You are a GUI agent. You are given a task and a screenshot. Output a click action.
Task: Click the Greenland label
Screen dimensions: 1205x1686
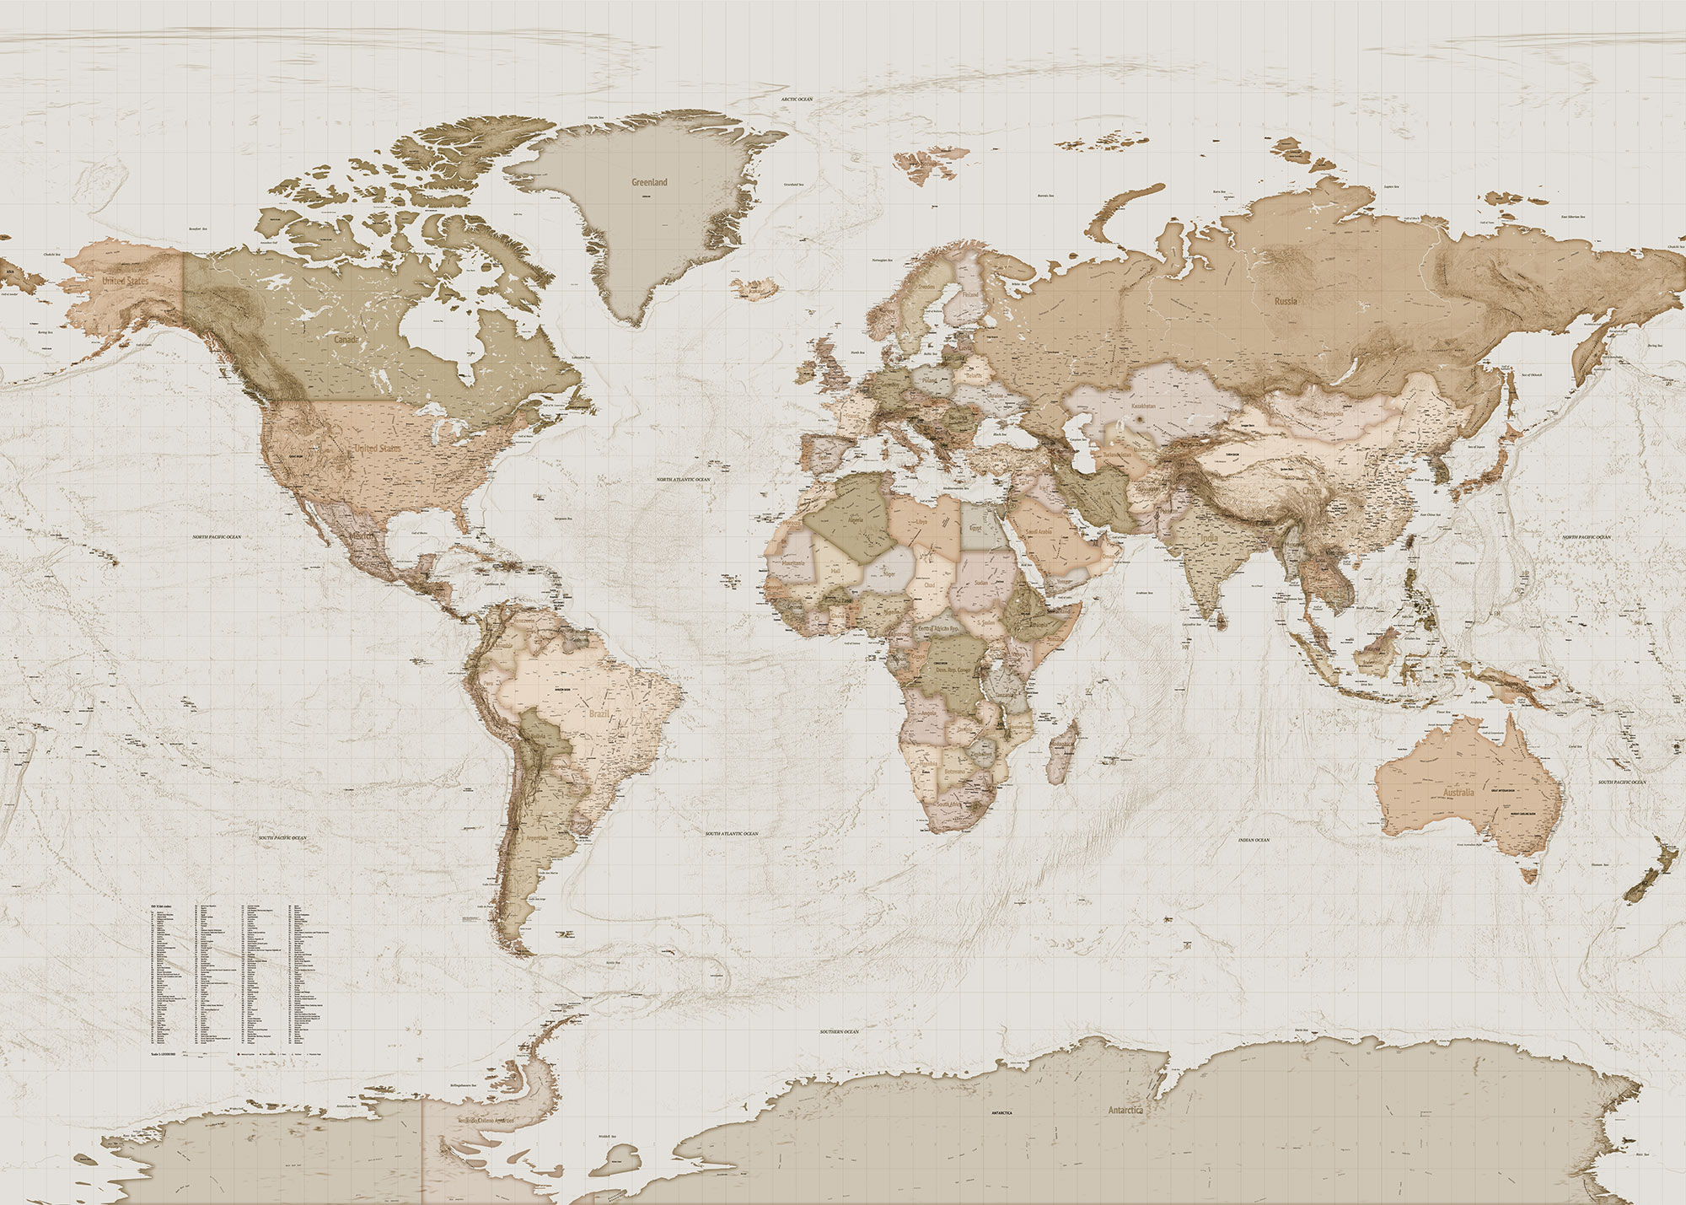(x=649, y=182)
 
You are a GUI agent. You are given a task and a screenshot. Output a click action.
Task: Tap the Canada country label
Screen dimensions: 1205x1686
(x=346, y=339)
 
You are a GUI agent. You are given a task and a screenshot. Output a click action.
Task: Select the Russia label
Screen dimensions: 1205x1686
(x=1286, y=301)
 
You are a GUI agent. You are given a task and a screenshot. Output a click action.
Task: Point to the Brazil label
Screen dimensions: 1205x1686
(x=599, y=714)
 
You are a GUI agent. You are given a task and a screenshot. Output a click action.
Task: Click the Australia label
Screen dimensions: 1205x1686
(x=1458, y=793)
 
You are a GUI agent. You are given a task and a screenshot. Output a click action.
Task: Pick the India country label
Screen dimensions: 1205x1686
(x=1209, y=538)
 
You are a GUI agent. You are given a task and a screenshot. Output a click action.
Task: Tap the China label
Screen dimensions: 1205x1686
(x=1312, y=491)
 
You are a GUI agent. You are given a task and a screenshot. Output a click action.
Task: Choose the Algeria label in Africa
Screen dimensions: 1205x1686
(x=855, y=520)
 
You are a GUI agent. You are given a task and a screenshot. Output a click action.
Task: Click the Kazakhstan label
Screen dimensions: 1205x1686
(x=1143, y=406)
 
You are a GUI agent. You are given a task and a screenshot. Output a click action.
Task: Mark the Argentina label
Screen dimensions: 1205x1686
(x=537, y=839)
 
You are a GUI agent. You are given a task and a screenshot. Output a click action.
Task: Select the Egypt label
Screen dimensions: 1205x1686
(x=975, y=528)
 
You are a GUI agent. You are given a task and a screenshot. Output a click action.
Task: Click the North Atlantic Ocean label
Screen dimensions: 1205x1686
(x=683, y=480)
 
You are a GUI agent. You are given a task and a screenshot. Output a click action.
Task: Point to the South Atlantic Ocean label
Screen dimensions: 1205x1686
(x=732, y=834)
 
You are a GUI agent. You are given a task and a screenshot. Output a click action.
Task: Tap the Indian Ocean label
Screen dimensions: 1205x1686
(x=1254, y=840)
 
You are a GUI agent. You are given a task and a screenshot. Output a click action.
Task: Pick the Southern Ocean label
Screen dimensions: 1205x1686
(x=840, y=1031)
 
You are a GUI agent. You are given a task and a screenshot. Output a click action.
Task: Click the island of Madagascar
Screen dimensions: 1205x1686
(x=1061, y=753)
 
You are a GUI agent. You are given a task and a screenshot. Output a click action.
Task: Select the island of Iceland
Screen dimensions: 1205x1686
(x=755, y=288)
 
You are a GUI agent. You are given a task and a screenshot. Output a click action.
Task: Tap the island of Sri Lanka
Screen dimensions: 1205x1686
(x=1220, y=621)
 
